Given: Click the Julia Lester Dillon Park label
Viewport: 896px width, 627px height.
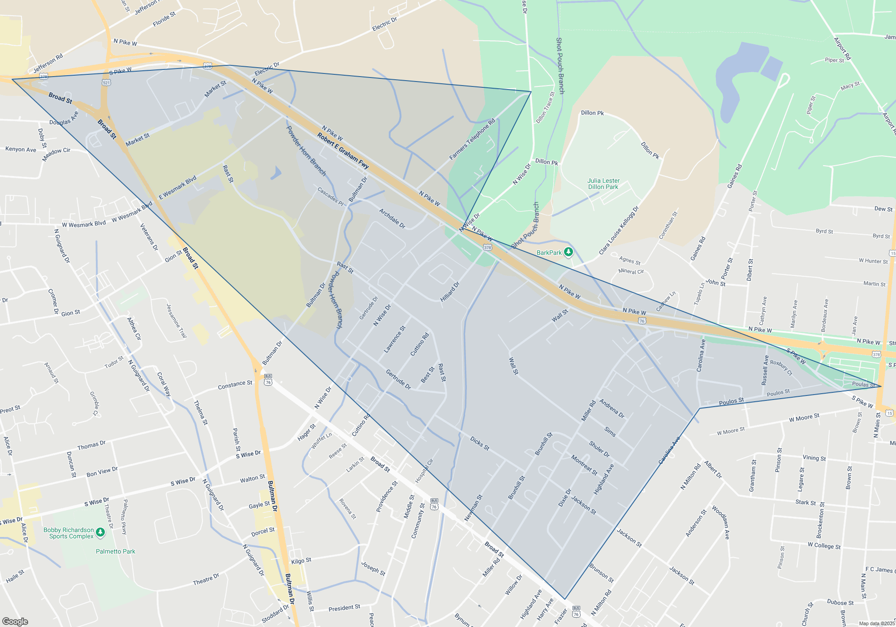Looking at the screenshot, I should click(x=603, y=184).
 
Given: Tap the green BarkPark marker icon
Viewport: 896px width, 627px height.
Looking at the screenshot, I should click(x=568, y=252).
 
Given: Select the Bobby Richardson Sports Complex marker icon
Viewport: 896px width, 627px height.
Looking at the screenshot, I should click(x=100, y=532).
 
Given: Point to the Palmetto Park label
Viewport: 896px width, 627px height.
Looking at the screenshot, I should click(x=115, y=551).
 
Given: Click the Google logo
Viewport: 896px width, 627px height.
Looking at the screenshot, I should click(x=15, y=622).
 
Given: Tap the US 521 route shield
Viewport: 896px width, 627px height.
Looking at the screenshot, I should click(x=106, y=82).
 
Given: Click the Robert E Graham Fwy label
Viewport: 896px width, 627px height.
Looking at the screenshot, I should click(x=343, y=151).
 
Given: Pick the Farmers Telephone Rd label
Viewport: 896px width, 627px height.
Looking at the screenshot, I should click(x=472, y=139).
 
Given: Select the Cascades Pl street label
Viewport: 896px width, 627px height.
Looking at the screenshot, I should click(x=330, y=197).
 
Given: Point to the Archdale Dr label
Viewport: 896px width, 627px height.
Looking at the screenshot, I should click(x=392, y=219).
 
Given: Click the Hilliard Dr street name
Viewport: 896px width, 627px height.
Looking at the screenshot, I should click(x=450, y=292).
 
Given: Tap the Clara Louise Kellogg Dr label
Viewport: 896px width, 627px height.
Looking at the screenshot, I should click(x=619, y=231).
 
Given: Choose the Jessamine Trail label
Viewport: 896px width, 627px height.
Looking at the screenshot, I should click(x=176, y=321).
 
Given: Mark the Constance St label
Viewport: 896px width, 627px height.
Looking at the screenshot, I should click(x=235, y=385).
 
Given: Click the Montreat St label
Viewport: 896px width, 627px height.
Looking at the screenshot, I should click(x=584, y=465).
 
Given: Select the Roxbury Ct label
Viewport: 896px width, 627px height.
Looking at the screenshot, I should click(x=781, y=368).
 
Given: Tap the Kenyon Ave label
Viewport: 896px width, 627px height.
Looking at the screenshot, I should click(x=21, y=149).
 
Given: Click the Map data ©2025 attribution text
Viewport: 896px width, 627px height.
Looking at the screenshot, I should click(x=876, y=623).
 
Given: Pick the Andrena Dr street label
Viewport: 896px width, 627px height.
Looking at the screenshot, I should click(x=612, y=408).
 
